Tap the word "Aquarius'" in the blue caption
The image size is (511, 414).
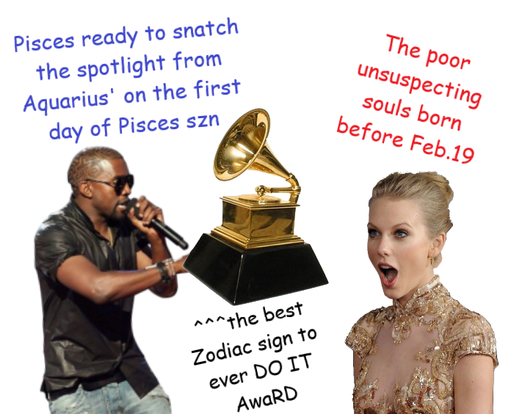pos(66,101)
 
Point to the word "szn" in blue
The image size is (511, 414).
pos(203,121)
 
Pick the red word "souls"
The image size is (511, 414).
pos(386,106)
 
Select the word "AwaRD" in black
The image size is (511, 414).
pos(267,399)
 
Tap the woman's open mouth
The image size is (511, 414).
pos(388,275)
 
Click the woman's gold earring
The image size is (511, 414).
pos(432,261)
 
